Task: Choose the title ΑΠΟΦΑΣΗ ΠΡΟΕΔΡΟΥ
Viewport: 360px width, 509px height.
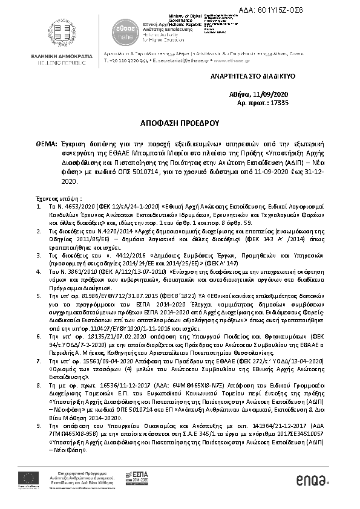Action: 180,122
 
